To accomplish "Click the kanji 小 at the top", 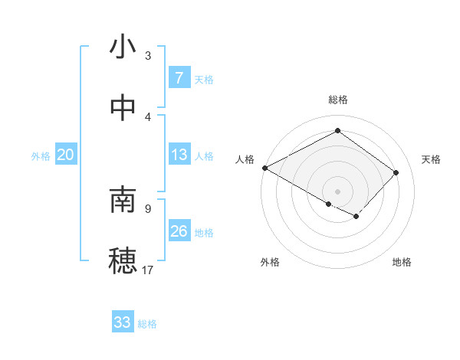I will [123, 47].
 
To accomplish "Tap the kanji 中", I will [123, 108].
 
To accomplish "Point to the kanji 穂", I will [123, 260].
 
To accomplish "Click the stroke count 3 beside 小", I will [148, 55].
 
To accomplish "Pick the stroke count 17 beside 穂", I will [148, 269].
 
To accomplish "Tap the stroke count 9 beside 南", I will [148, 208].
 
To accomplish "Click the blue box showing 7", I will [179, 78].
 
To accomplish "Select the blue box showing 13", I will [179, 155].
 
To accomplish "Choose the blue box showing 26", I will [179, 231].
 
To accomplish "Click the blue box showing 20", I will [65, 155].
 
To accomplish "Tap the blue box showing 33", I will [123, 323].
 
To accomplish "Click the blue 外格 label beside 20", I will [41, 156].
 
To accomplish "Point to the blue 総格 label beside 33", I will [147, 324].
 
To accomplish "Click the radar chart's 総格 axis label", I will [337, 100].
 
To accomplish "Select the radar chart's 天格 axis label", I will [431, 159].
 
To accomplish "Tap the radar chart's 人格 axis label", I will [245, 159].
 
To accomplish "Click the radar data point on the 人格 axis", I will [264, 168].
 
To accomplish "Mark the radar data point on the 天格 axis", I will [396, 172].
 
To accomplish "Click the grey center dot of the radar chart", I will [337, 191].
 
